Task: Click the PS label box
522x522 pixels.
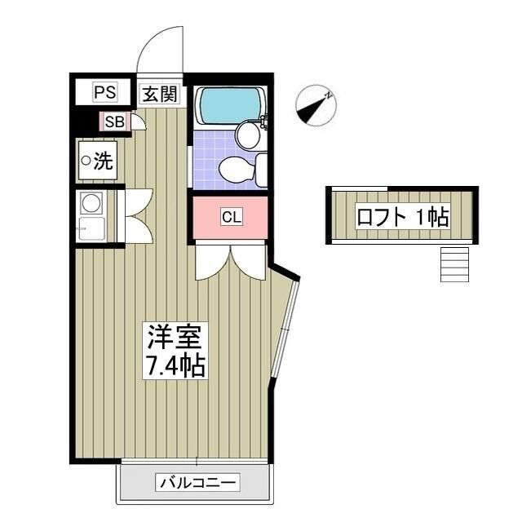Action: coord(105,92)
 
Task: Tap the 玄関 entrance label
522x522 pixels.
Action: coord(159,93)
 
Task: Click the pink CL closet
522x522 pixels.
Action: coord(232,217)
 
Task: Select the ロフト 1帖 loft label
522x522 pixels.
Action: coord(403,216)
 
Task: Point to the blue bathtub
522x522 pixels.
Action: coord(228,104)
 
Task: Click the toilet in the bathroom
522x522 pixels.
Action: coord(240,169)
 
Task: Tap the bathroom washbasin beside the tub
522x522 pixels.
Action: coord(246,133)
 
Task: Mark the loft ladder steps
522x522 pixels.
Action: coord(454,263)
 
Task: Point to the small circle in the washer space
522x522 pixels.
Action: coord(85,161)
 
